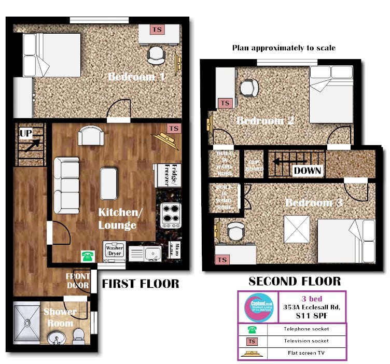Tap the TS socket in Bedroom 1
click(157, 30)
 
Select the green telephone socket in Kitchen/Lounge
click(87, 256)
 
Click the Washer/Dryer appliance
click(114, 251)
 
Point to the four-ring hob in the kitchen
click(171, 214)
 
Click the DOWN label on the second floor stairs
click(307, 170)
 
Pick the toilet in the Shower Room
click(79, 335)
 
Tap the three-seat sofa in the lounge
click(66, 185)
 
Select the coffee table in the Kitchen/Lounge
click(108, 184)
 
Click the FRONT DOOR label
click(78, 281)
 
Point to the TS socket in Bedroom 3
click(222, 259)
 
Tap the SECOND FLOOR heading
click(295, 282)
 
